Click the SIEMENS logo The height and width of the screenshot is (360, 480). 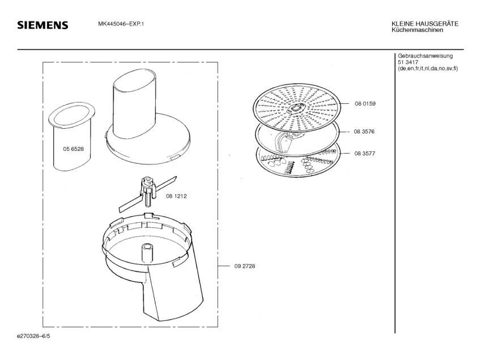tap(43, 26)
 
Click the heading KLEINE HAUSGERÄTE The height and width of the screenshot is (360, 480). tap(424, 23)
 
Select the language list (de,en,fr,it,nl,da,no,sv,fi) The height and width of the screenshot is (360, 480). tap(428, 69)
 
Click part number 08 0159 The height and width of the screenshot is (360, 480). tap(366, 104)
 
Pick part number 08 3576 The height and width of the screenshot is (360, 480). tap(366, 132)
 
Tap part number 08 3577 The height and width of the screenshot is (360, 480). tap(366, 154)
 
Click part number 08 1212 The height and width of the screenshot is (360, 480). tap(176, 196)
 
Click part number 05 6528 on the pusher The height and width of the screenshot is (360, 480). tap(73, 149)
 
